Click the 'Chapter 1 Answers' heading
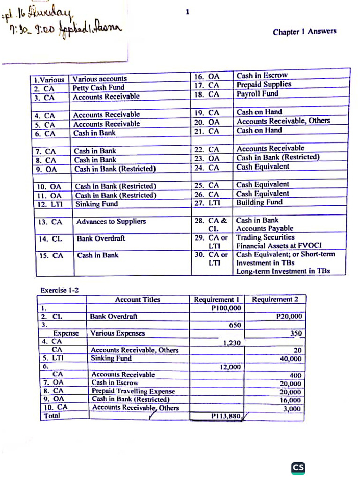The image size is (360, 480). [304, 32]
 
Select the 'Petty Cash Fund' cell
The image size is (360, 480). [98, 88]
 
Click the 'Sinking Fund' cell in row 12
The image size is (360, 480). [97, 204]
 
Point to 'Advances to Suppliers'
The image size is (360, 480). [111, 221]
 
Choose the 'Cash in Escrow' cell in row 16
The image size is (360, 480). [262, 75]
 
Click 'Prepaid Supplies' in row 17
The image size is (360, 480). [264, 84]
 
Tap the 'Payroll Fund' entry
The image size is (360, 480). [257, 93]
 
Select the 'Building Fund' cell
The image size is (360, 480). [260, 202]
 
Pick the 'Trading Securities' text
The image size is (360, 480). [265, 238]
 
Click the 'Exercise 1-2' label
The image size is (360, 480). [60, 290]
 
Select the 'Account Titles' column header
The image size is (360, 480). [137, 300]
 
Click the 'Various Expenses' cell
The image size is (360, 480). [118, 333]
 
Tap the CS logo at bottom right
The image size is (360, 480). [298, 467]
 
